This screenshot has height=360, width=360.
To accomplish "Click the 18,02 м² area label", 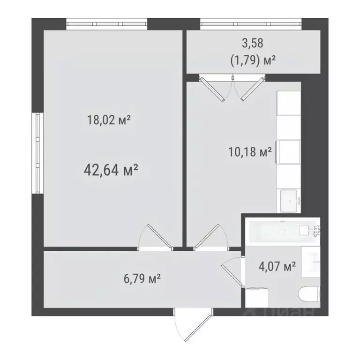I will pyautogui.click(x=108, y=120).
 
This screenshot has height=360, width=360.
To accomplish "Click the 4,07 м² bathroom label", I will pyautogui.click(x=277, y=267).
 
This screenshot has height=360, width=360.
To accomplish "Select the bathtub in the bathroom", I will pyautogui.click(x=281, y=230).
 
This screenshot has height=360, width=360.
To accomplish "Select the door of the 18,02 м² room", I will pyautogui.click(x=156, y=237).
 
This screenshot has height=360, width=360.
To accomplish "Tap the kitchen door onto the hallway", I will pyautogui.click(x=208, y=237).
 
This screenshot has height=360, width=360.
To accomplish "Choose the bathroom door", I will pyautogui.click(x=232, y=272).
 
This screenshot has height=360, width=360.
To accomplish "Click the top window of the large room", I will pyautogui.click(x=107, y=23).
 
